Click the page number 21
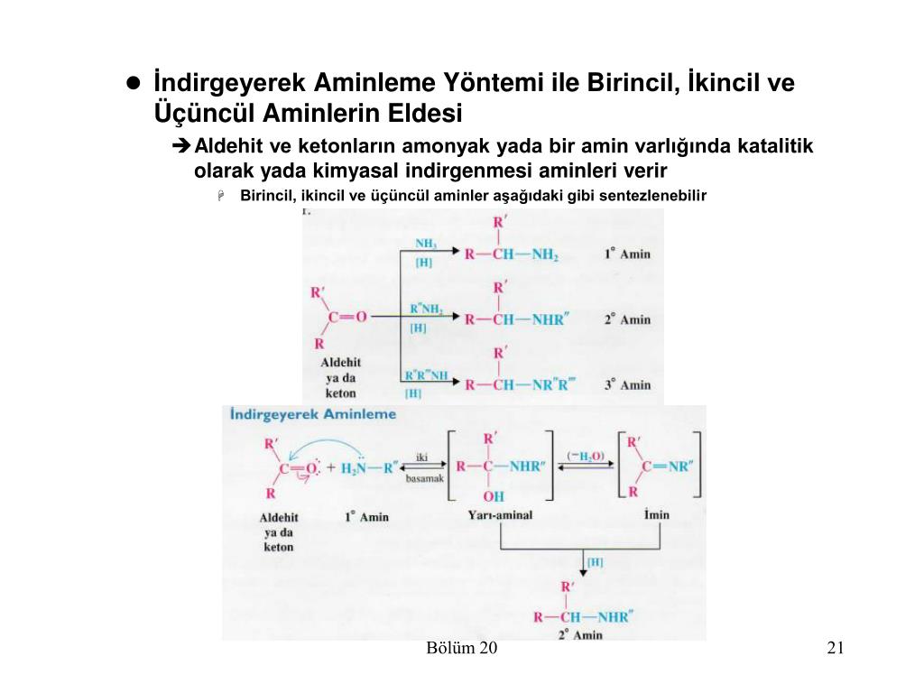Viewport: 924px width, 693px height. pos(834,649)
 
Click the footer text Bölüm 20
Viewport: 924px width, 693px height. pos(462,649)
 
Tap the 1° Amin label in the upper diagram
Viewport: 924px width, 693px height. pos(627,254)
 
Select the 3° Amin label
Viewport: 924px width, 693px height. pos(627,384)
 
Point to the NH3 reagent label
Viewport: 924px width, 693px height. pos(426,243)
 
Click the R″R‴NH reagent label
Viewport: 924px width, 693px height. pos(426,374)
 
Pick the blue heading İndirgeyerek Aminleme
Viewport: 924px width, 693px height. pos(313,414)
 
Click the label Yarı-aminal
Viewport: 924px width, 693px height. pos(500,515)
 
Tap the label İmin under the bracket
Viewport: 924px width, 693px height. pos(657,515)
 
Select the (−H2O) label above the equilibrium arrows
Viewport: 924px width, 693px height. pos(586,456)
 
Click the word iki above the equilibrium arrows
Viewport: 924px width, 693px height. pos(421,457)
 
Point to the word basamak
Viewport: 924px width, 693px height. pos(424,478)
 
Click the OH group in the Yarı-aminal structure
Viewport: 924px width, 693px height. pos(494,496)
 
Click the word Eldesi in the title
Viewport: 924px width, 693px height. pos(425,115)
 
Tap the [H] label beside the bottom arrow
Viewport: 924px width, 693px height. pos(595,561)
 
